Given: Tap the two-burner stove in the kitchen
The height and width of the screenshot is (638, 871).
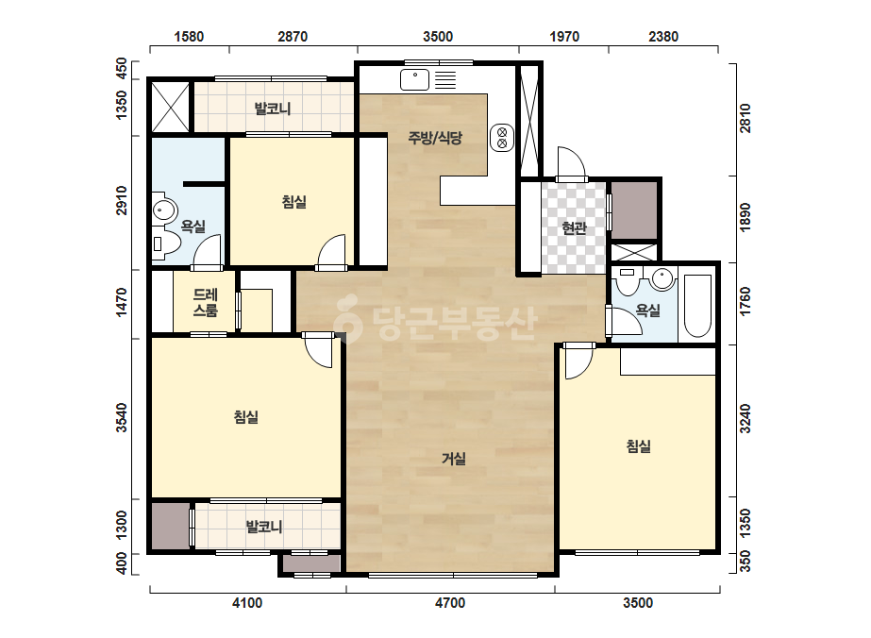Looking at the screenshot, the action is tap(502, 138).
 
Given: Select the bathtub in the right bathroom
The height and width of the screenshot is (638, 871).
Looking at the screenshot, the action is tap(697, 306).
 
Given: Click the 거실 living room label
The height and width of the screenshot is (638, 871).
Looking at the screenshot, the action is tap(454, 459).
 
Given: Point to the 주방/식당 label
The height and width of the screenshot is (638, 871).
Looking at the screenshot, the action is tap(435, 137).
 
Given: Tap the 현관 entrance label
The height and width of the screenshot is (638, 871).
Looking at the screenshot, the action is tap(574, 227).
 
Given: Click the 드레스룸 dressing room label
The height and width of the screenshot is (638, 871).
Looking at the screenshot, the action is tap(205, 302).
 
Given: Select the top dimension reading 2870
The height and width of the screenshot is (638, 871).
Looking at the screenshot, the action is tap(293, 37).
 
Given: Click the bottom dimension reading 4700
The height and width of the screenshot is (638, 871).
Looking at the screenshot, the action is tap(450, 603).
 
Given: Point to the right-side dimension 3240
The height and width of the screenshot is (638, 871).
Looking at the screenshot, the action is tap(745, 418).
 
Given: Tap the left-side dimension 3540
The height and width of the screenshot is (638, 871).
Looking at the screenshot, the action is tap(121, 417).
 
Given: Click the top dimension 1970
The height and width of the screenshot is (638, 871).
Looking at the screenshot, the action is tap(564, 37).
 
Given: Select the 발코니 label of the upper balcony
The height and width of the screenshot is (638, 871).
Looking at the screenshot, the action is tap(272, 109).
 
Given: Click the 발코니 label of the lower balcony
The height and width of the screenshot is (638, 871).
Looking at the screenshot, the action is tap(264, 526).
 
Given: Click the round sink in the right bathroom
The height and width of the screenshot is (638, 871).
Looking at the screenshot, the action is tap(662, 278).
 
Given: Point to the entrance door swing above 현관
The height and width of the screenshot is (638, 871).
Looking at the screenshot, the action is tap(572, 162).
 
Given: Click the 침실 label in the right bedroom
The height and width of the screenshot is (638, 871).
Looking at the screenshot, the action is tap(639, 445).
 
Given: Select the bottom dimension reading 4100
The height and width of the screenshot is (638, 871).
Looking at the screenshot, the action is tap(247, 603).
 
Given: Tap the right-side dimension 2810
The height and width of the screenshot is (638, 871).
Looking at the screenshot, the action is tap(745, 118).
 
